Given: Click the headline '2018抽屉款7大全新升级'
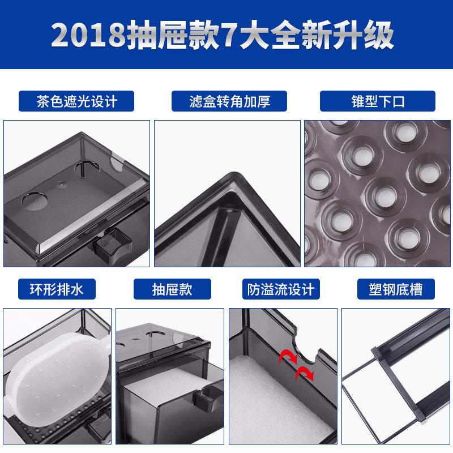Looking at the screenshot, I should (222, 35).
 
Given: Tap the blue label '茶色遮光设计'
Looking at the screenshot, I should (76, 101).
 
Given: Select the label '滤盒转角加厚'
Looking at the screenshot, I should (229, 101).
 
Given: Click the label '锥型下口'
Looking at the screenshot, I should (378, 101).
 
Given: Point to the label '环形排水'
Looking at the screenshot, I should (56, 289).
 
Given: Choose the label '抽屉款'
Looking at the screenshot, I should (172, 289).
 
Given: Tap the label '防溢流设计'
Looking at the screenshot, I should (280, 289).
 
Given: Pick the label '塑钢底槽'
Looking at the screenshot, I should (396, 289).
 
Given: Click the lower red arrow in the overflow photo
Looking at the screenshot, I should (306, 374).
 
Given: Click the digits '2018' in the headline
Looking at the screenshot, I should (88, 36).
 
